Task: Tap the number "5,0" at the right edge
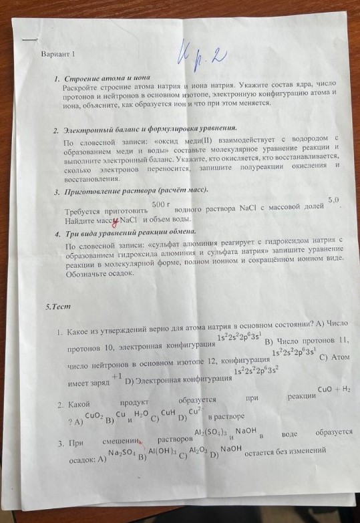coord(333,200)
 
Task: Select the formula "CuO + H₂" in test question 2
coord(334,389)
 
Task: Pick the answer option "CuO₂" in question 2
coord(94,417)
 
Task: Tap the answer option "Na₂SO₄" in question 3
coord(122,453)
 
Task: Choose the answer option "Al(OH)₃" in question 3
coord(162,452)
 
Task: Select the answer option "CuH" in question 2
coord(168,414)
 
